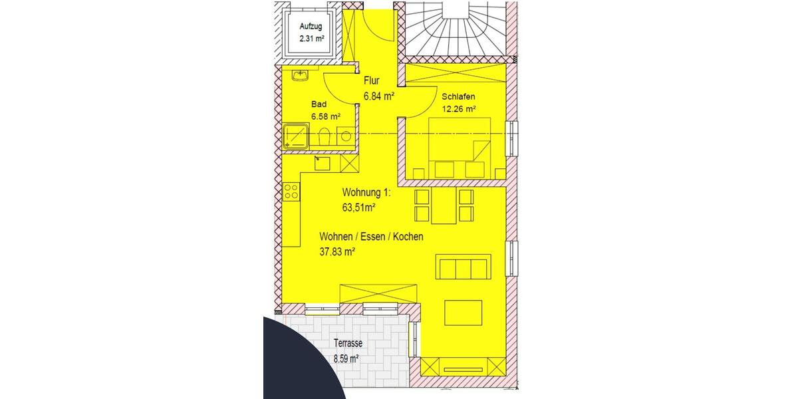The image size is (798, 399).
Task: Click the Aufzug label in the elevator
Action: click(312, 26)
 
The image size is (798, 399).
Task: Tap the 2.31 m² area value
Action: click(312, 38)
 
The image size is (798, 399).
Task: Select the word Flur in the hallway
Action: click(371, 82)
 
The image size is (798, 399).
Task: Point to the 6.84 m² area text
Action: click(379, 96)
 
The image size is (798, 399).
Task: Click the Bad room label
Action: click(319, 104)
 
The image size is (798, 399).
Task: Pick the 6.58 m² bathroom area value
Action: click(325, 117)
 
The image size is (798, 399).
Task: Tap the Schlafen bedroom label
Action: click(459, 96)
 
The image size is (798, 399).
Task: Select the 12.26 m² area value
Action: click(459, 109)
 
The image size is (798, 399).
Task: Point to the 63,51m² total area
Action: click(359, 207)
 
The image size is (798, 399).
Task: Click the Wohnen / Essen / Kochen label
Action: click(371, 237)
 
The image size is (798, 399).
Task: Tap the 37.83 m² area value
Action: click(337, 251)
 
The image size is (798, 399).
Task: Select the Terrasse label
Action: click(347, 344)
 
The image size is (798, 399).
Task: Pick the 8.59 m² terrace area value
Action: click(346, 358)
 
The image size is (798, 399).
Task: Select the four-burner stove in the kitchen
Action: click(291, 192)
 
